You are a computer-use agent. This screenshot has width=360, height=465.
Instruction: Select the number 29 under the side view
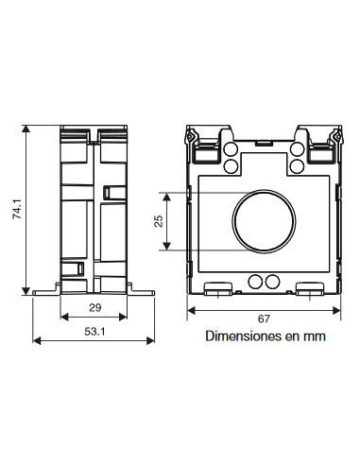94,309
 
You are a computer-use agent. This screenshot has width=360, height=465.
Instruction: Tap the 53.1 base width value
94,333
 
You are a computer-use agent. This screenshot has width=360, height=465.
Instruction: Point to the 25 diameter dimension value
159,220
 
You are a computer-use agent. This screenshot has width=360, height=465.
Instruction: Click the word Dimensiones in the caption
238,336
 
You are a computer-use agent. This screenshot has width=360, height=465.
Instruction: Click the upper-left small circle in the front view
229,149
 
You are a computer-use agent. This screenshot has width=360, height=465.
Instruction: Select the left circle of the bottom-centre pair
253,282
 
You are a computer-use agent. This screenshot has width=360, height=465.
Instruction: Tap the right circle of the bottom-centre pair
272,282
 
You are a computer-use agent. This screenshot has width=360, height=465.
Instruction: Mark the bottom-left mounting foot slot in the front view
219,288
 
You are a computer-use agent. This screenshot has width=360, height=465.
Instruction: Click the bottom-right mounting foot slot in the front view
307,288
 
